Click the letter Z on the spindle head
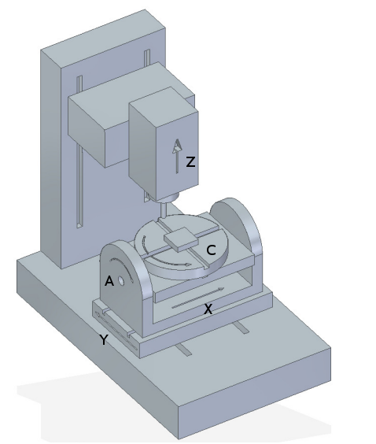(190, 163)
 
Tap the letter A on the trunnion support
(109, 281)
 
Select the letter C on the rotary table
(211, 250)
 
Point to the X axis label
(208, 309)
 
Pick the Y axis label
(103, 339)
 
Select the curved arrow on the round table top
(173, 265)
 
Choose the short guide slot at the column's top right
(147, 58)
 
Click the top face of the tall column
(102, 35)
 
